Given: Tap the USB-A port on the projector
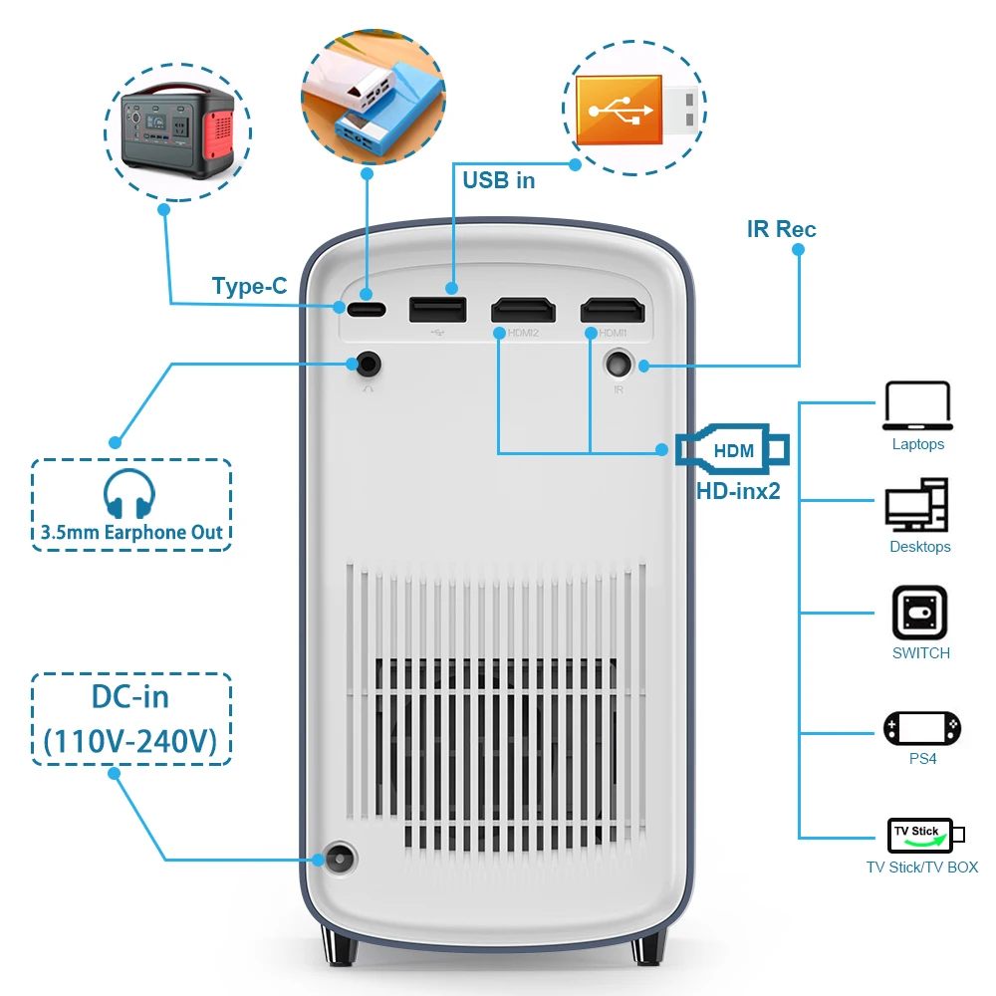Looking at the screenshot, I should point(437,309).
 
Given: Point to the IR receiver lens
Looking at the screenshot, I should point(621,365).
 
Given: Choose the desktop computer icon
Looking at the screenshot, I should point(917,505).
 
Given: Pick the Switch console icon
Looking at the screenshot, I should point(919,612).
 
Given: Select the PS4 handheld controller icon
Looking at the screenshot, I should point(921,728).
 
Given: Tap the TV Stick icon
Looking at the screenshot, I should point(921,835).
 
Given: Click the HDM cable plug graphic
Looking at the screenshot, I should point(733,450).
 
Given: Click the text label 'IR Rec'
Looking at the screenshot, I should point(781,229).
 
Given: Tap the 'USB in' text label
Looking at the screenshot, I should point(498,180).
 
